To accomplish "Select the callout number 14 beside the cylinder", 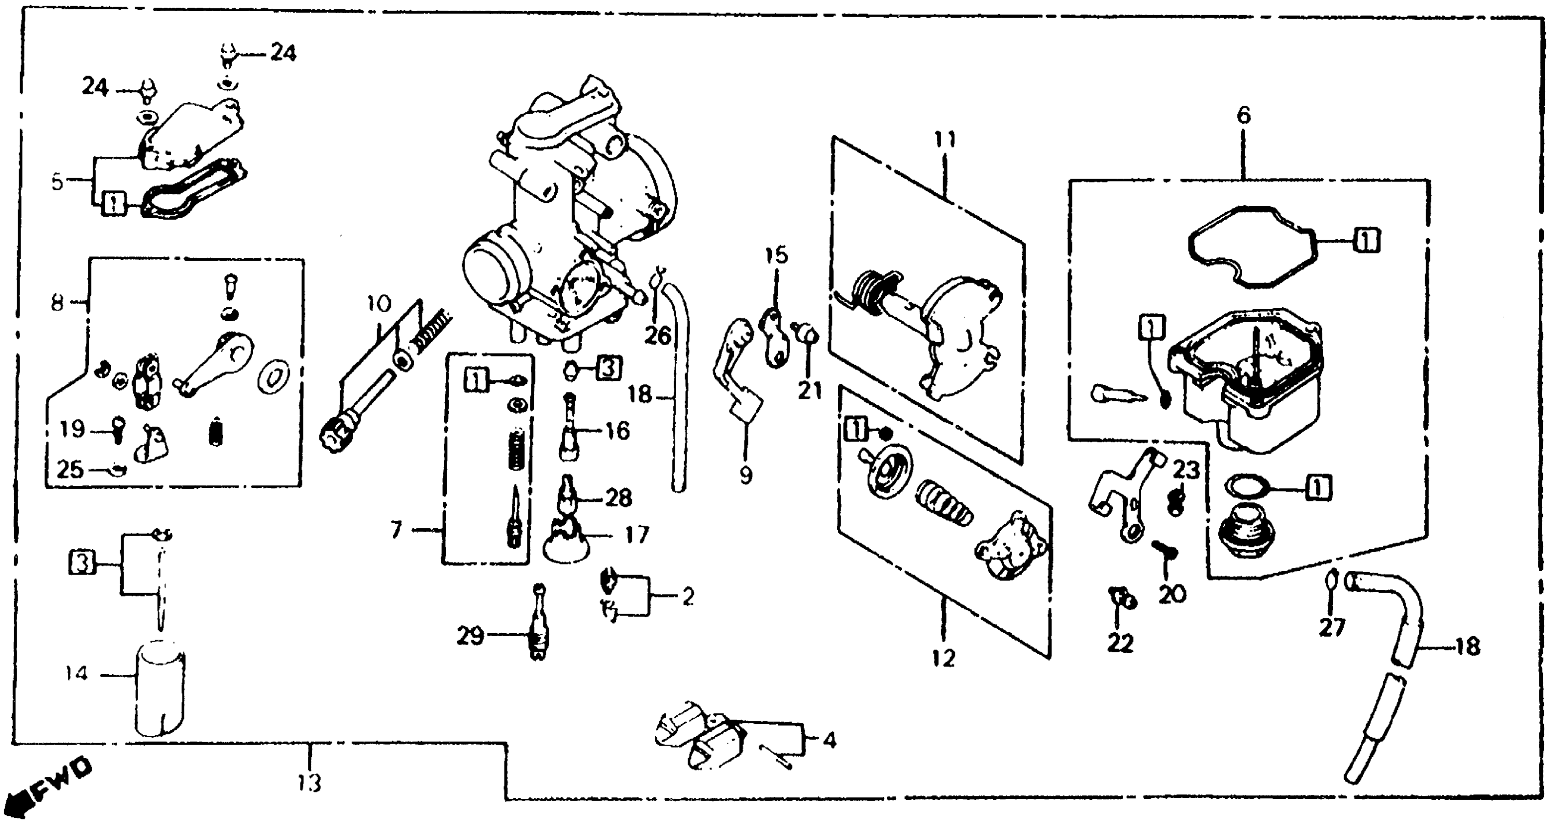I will point(77,673).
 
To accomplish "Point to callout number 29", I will point(470,636).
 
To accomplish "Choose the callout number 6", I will point(1244,115).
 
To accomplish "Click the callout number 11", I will point(945,140).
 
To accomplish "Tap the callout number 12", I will point(944,658).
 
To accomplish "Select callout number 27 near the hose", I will point(1332,628).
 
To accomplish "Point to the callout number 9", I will point(746,476).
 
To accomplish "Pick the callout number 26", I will point(657,336).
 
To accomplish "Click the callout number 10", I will point(379,303).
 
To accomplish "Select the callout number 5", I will point(57,181).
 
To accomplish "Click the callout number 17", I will point(636,535).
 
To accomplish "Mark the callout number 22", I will point(1120,644).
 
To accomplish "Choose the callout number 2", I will point(688,596).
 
